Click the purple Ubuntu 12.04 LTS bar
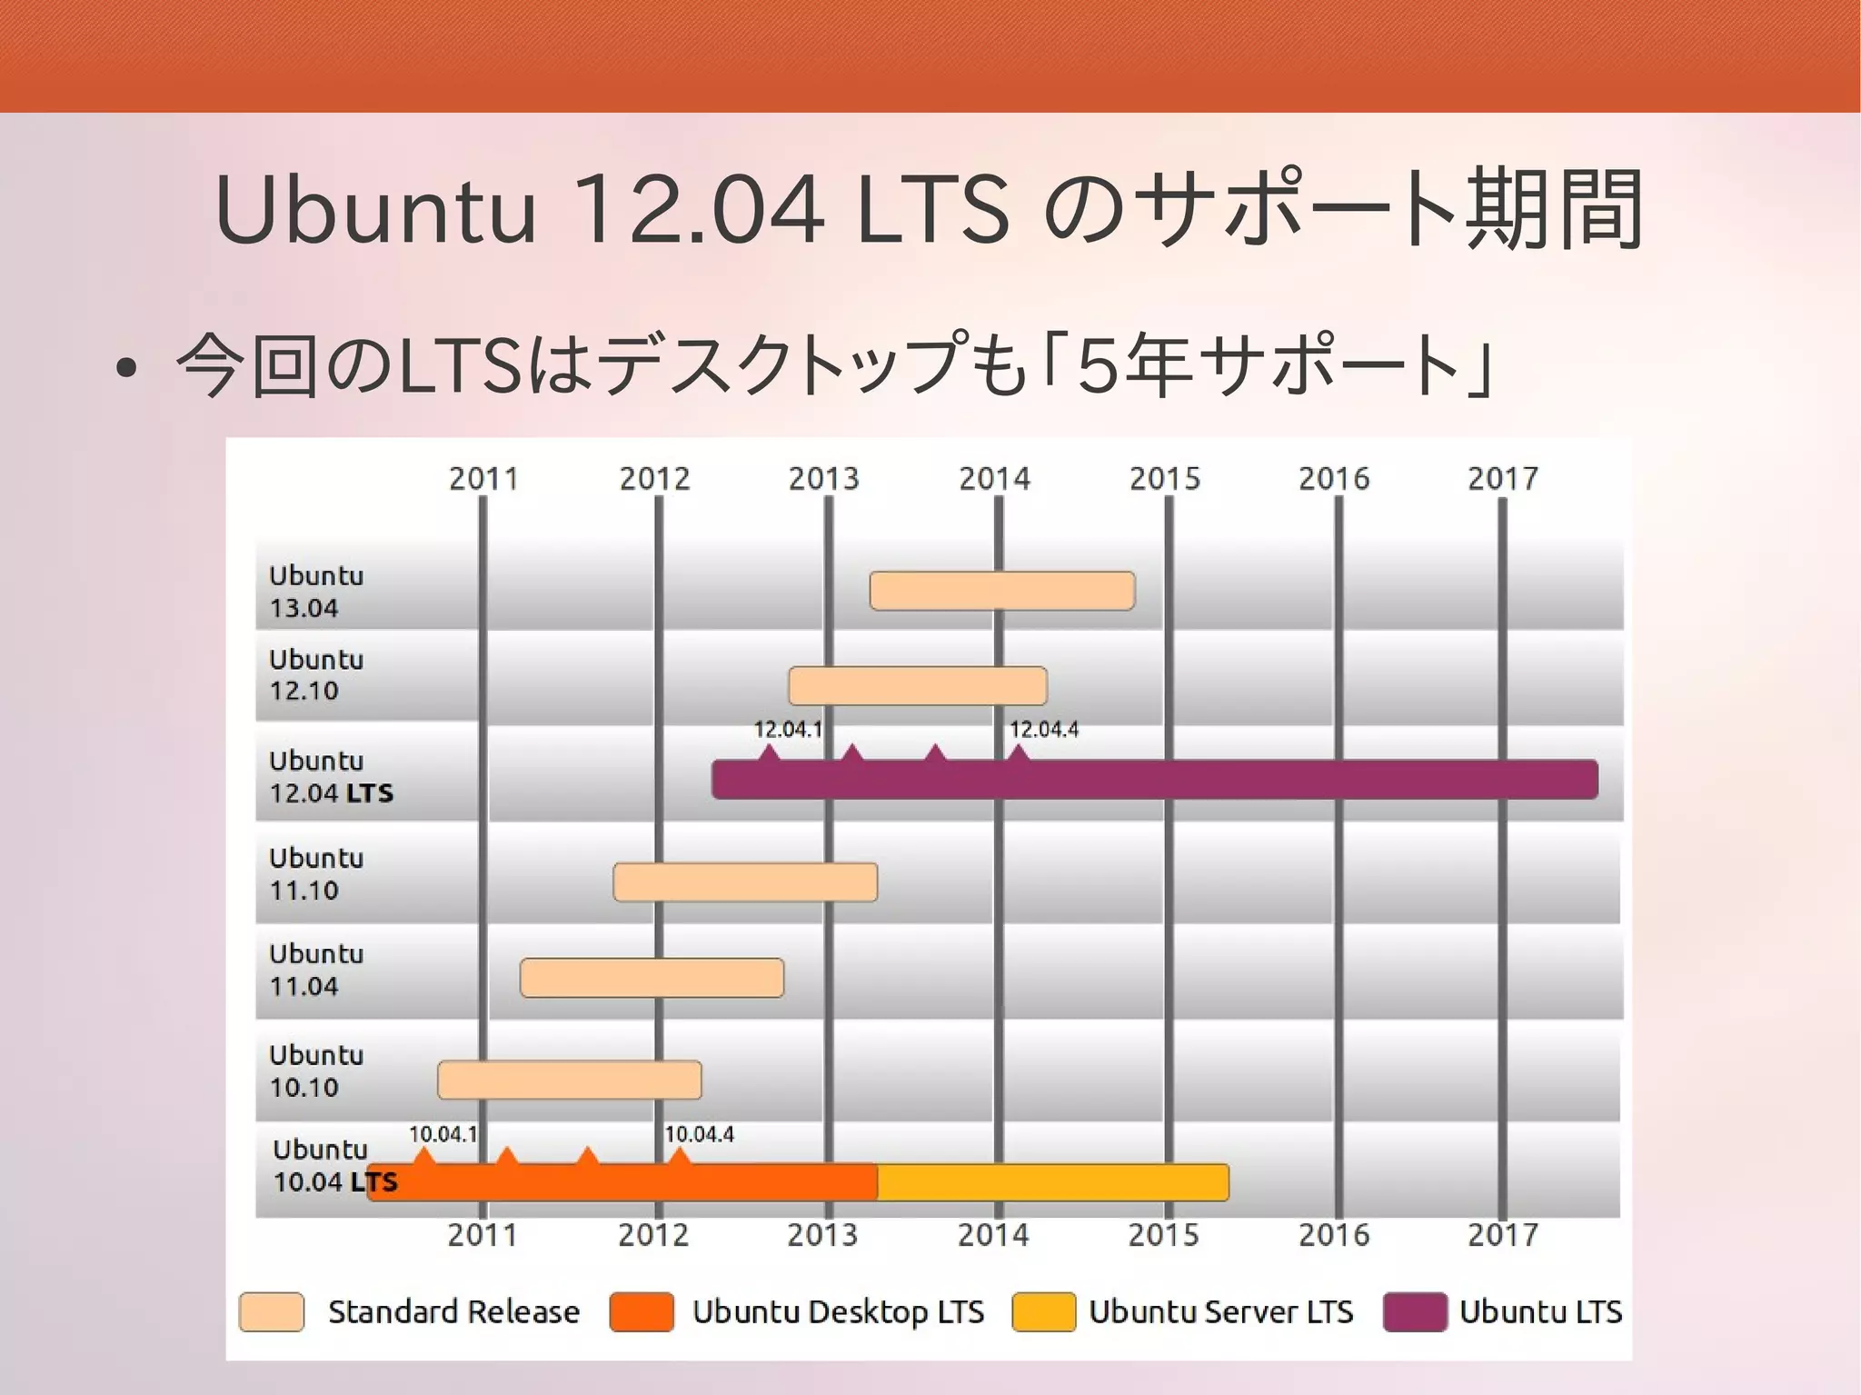(1154, 780)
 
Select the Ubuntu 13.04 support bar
(1002, 591)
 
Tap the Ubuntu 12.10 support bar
(918, 686)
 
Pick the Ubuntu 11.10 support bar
(745, 882)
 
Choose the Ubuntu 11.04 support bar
(652, 978)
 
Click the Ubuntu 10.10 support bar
(570, 1081)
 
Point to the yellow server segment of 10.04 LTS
(1053, 1182)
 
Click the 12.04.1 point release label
(788, 729)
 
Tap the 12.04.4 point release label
(1044, 729)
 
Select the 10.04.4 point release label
(699, 1134)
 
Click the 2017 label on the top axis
(1503, 478)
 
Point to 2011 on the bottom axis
(483, 1235)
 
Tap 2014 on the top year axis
(995, 478)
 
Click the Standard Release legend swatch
(272, 1311)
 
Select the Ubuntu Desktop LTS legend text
(838, 1311)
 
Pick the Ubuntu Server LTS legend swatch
(1043, 1311)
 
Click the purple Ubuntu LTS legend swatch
(1415, 1311)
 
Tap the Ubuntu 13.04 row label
(315, 591)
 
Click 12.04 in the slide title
(701, 210)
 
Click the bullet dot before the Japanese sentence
(127, 368)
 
